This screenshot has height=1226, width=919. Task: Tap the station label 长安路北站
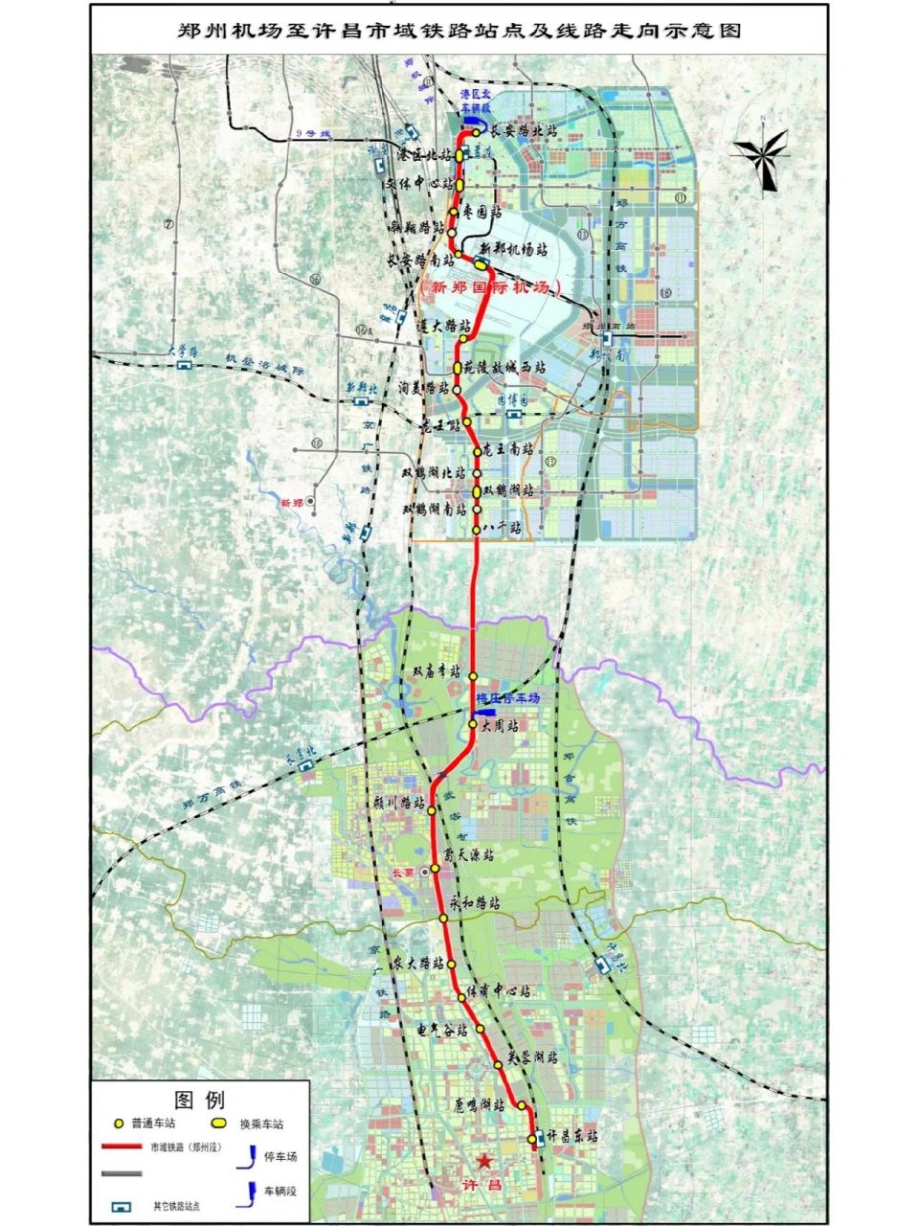pyautogui.click(x=523, y=128)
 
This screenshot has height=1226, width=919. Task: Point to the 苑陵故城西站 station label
pyautogui.click(x=504, y=367)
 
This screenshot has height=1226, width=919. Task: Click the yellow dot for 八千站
pyautogui.click(x=476, y=529)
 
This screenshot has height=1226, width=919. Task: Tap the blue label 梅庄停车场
pyautogui.click(x=507, y=698)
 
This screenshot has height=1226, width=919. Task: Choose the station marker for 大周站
pyautogui.click(x=473, y=726)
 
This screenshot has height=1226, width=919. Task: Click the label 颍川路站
pyautogui.click(x=399, y=803)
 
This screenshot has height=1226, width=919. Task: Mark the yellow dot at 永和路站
pyautogui.click(x=444, y=919)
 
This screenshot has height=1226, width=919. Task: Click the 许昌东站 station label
pyautogui.click(x=572, y=1136)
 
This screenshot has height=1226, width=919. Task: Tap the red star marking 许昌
pyautogui.click(x=484, y=1162)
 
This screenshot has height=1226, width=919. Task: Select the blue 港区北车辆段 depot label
pyautogui.click(x=475, y=102)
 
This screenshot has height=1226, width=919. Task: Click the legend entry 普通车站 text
pyautogui.click(x=152, y=1124)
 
